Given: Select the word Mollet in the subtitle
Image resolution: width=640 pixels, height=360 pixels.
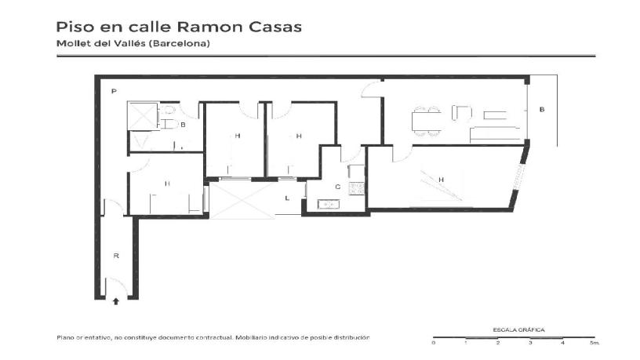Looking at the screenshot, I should click(x=73, y=44).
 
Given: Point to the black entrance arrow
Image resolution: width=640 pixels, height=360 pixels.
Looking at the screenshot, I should click(x=116, y=300).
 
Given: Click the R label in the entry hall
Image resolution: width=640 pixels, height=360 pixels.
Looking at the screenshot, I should click(x=116, y=256).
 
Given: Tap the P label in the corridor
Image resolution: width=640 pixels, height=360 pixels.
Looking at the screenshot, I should click(x=114, y=92).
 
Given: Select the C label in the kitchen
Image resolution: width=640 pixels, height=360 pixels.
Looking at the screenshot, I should click(x=337, y=187).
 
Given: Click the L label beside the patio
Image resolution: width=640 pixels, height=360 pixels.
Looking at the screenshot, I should click(x=287, y=198).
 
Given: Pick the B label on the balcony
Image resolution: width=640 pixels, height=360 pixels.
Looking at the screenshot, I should click(x=541, y=110).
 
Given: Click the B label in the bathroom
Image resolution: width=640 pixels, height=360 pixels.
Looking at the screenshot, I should click(x=183, y=124).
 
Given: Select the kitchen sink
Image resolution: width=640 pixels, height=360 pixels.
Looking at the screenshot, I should click(x=327, y=205).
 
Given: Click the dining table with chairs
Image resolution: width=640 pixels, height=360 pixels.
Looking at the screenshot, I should click(x=427, y=119).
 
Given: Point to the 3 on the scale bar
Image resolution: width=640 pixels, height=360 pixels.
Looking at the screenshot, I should click(x=530, y=344).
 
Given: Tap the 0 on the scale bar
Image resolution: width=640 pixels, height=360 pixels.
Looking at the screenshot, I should click(x=434, y=344).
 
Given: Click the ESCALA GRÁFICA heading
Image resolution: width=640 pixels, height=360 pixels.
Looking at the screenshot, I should click(x=518, y=330).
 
